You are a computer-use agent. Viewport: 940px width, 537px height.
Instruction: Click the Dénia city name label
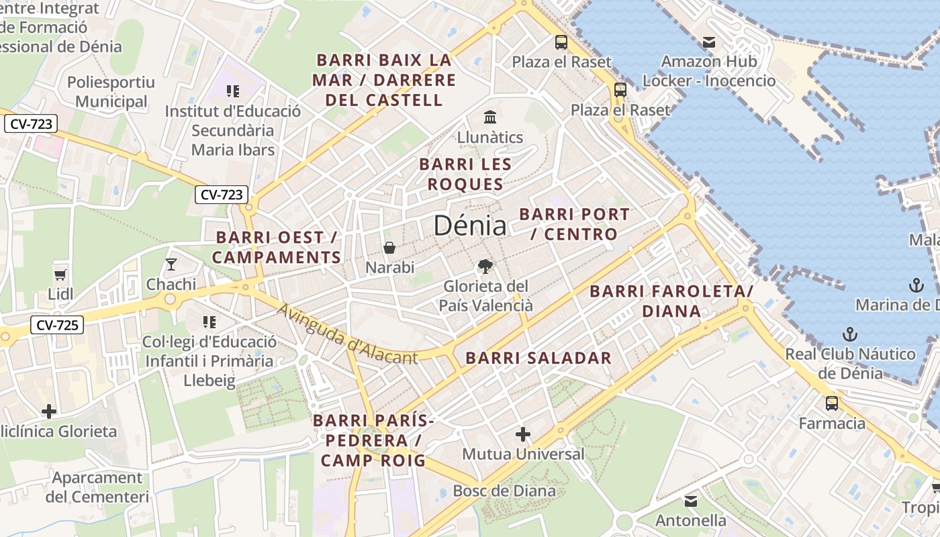[x=469, y=226]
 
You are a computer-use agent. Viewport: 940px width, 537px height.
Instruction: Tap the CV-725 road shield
[x=56, y=326]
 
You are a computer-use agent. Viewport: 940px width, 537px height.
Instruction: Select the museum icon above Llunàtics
[x=490, y=117]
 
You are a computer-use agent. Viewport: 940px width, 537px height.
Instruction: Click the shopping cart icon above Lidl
[x=60, y=274]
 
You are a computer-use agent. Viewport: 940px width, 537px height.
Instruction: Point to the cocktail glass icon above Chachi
[x=171, y=264]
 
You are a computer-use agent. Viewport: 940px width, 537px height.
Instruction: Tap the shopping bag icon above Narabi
[x=389, y=248]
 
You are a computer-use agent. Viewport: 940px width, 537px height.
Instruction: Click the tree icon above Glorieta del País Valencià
[x=485, y=266]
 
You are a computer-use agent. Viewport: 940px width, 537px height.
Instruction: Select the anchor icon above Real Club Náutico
[x=850, y=334]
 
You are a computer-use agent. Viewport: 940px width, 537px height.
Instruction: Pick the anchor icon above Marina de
[x=916, y=285]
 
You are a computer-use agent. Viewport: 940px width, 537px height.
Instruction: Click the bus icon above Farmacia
[x=832, y=403]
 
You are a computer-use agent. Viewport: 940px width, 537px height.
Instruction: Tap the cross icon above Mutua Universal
[x=523, y=434]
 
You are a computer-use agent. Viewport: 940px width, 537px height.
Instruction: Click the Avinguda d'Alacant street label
[x=347, y=334]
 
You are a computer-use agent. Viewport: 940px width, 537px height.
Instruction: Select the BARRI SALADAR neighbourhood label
[x=538, y=358]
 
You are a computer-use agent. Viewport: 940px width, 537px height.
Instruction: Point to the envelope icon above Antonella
[x=691, y=501]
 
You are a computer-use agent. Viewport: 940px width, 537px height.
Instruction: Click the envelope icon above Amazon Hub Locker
[x=708, y=42]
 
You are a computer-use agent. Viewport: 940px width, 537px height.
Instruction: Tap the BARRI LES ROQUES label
[x=465, y=174]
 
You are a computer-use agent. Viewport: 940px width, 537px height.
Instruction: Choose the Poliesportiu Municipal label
[x=111, y=92]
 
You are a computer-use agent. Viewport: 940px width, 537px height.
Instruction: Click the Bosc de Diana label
[x=504, y=491]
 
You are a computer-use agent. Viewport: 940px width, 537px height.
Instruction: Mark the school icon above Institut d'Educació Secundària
[x=233, y=91]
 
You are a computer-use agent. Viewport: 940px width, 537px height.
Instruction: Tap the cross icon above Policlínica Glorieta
[x=48, y=411]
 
